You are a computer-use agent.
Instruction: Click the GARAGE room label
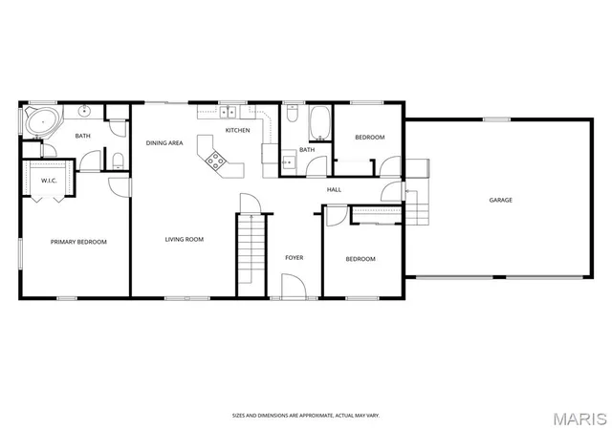[500, 200]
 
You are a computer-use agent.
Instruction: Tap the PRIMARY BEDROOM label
[78, 242]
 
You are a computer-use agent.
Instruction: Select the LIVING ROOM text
[185, 239]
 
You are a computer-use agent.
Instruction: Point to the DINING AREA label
[164, 143]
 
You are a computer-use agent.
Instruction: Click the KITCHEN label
[238, 130]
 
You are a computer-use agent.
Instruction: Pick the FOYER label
[295, 258]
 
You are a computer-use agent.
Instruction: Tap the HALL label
[334, 189]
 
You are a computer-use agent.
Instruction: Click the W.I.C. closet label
[49, 181]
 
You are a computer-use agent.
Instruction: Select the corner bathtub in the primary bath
[41, 121]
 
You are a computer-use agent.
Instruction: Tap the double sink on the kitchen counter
[229, 112]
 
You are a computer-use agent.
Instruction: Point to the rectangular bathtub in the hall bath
[319, 123]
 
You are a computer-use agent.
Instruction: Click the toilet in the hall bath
[293, 113]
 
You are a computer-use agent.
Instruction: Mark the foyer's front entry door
[294, 287]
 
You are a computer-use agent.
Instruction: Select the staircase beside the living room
[251, 249]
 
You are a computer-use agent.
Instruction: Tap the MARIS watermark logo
[580, 419]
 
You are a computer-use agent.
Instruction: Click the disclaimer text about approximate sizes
[306, 416]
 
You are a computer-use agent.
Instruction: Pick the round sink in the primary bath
[84, 111]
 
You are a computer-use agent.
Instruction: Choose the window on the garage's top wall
[497, 119]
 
